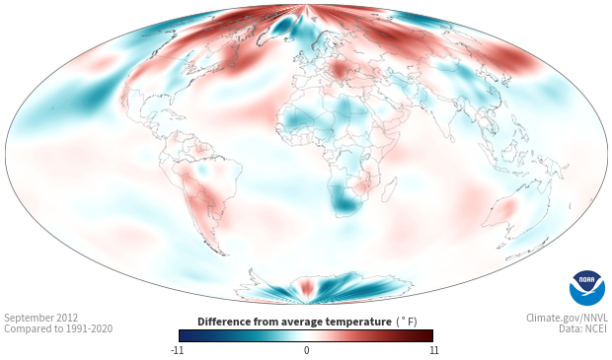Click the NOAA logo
587,288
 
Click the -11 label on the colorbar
177,350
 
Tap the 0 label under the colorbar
306,350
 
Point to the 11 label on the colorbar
433,350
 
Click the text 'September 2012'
41,318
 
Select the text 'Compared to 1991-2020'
58,328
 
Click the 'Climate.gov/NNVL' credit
567,318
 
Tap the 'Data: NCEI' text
583,328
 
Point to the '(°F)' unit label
407,323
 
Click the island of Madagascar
389,190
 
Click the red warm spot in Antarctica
306,287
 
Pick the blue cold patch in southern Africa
343,201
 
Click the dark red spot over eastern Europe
341,71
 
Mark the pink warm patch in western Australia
504,209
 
